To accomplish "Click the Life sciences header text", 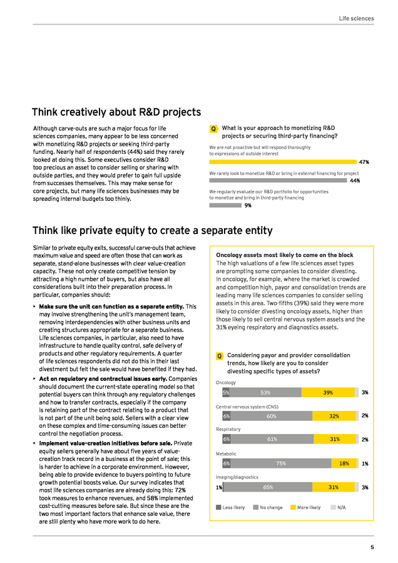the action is point(356,18).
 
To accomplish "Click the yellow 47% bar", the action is point(283,162).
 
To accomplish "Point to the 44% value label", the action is point(355,181).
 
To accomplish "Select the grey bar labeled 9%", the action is point(225,205).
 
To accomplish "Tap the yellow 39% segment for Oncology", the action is point(328,392).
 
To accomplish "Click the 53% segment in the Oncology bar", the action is point(265,392).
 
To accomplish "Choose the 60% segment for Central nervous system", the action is point(271,416).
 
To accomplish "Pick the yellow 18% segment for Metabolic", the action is point(344,464).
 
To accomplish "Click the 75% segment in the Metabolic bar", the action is point(281,464).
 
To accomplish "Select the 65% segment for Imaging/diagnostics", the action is point(268,487).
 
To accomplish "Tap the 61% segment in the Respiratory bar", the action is point(272,439).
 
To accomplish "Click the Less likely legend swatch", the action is point(218,507).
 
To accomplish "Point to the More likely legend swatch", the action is point(293,507).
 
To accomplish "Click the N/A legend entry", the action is point(338,507).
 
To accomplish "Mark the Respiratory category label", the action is point(228,429).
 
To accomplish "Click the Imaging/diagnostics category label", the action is point(237,477).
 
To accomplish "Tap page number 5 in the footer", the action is point(372,547).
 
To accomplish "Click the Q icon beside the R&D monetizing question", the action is point(214,129).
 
